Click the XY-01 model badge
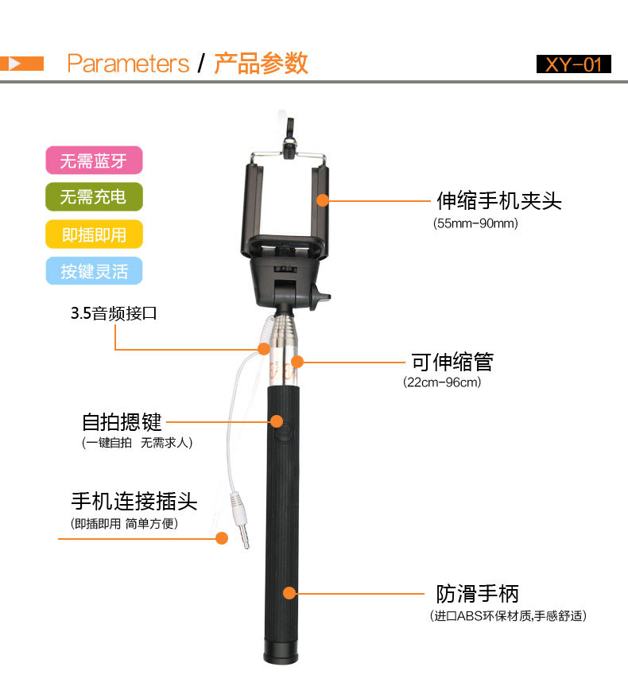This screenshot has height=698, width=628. (x=574, y=64)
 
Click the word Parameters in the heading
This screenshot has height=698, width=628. (x=128, y=64)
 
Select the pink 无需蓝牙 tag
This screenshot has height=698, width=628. (x=94, y=161)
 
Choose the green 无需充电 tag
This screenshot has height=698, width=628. (x=94, y=196)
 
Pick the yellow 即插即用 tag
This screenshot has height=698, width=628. (x=94, y=235)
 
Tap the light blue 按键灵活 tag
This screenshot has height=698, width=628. (x=94, y=270)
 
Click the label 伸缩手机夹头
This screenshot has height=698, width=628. (x=499, y=201)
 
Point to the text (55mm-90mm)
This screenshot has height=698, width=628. (x=475, y=223)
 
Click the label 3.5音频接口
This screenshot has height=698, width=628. (x=114, y=313)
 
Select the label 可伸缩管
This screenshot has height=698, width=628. (x=452, y=362)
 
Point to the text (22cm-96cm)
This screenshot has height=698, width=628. (x=442, y=382)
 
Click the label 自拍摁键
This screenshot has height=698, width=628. (x=122, y=422)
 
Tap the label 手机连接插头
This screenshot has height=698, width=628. (x=134, y=502)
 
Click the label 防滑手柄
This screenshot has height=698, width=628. (x=477, y=594)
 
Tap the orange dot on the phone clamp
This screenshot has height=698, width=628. (x=323, y=200)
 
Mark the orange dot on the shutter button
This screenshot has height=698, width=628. (x=277, y=421)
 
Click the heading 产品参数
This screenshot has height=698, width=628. (x=261, y=64)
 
